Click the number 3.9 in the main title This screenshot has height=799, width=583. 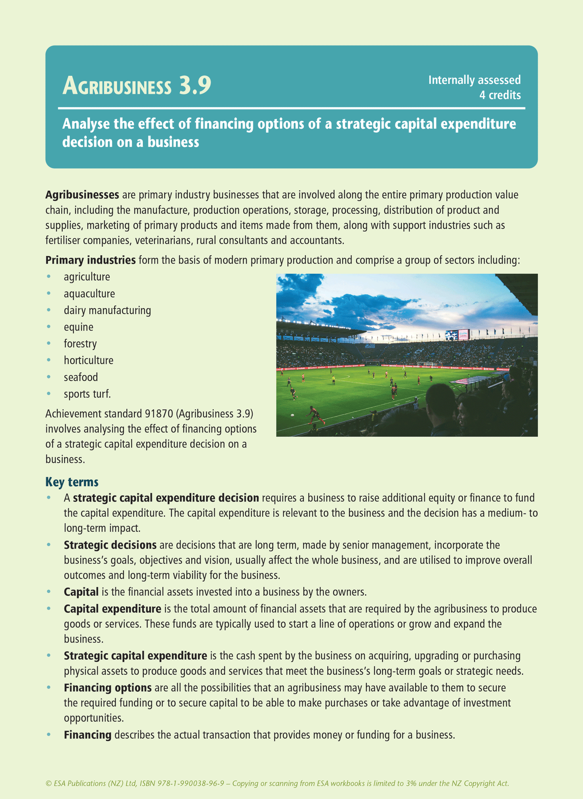195,85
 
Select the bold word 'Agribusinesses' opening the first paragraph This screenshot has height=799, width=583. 82,195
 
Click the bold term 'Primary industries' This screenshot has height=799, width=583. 90,260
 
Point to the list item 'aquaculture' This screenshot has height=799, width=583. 89,293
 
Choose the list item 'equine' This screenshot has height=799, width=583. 78,327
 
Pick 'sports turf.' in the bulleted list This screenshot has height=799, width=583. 87,394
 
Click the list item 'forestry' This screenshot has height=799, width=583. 80,344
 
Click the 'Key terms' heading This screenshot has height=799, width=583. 72,482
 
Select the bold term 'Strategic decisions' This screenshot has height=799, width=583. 110,545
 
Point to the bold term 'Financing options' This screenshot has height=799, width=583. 108,688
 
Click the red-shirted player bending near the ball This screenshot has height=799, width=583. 314,414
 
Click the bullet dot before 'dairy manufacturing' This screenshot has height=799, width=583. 49,310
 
